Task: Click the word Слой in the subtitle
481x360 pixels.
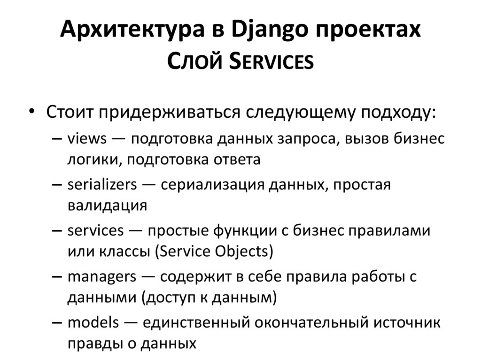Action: [194, 61]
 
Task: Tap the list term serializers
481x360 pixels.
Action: [102, 184]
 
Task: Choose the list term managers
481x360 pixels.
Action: [102, 276]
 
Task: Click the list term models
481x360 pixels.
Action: [93, 322]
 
